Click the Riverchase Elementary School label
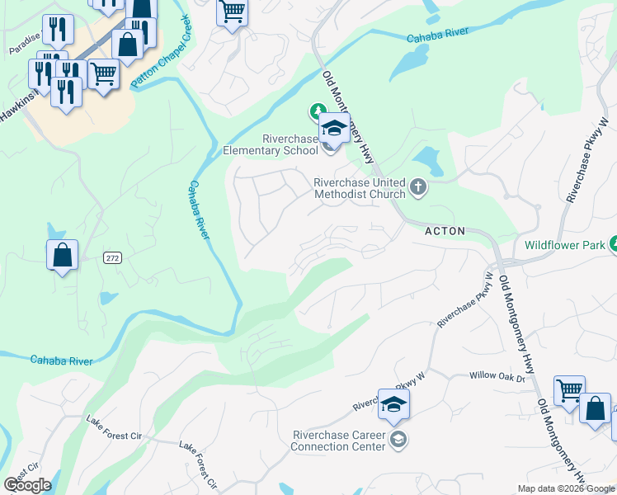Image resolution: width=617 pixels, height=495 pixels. pyautogui.click(x=271, y=144)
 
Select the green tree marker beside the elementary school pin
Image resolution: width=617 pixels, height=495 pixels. pyautogui.click(x=316, y=111)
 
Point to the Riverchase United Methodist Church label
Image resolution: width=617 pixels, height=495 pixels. pyautogui.click(x=359, y=188)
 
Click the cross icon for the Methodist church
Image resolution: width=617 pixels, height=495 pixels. pyautogui.click(x=418, y=187)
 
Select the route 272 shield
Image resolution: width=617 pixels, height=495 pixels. pyautogui.click(x=113, y=258)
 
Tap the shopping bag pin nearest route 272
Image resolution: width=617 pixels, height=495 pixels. pyautogui.click(x=63, y=256)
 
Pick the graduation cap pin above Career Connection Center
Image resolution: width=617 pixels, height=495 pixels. pyautogui.click(x=394, y=405)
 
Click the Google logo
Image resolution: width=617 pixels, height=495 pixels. pyautogui.click(x=27, y=485)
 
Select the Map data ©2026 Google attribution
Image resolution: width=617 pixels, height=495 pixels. pyautogui.click(x=566, y=488)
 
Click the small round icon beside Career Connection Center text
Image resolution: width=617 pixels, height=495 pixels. pyautogui.click(x=398, y=438)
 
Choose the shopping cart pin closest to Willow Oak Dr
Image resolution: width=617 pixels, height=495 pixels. pyautogui.click(x=569, y=391)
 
